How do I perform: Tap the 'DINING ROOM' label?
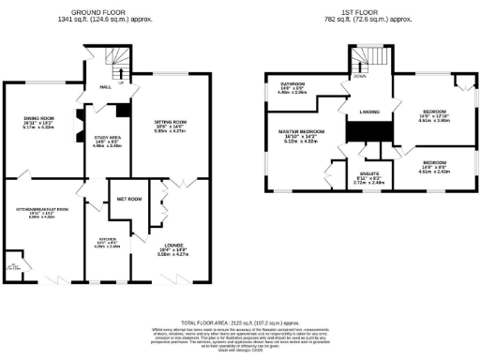pyautogui.click(x=39, y=118)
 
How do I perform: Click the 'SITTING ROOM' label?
pyautogui.click(x=171, y=121)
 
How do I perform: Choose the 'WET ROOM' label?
pyautogui.click(x=128, y=200)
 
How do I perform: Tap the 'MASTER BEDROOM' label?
pyautogui.click(x=302, y=130)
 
